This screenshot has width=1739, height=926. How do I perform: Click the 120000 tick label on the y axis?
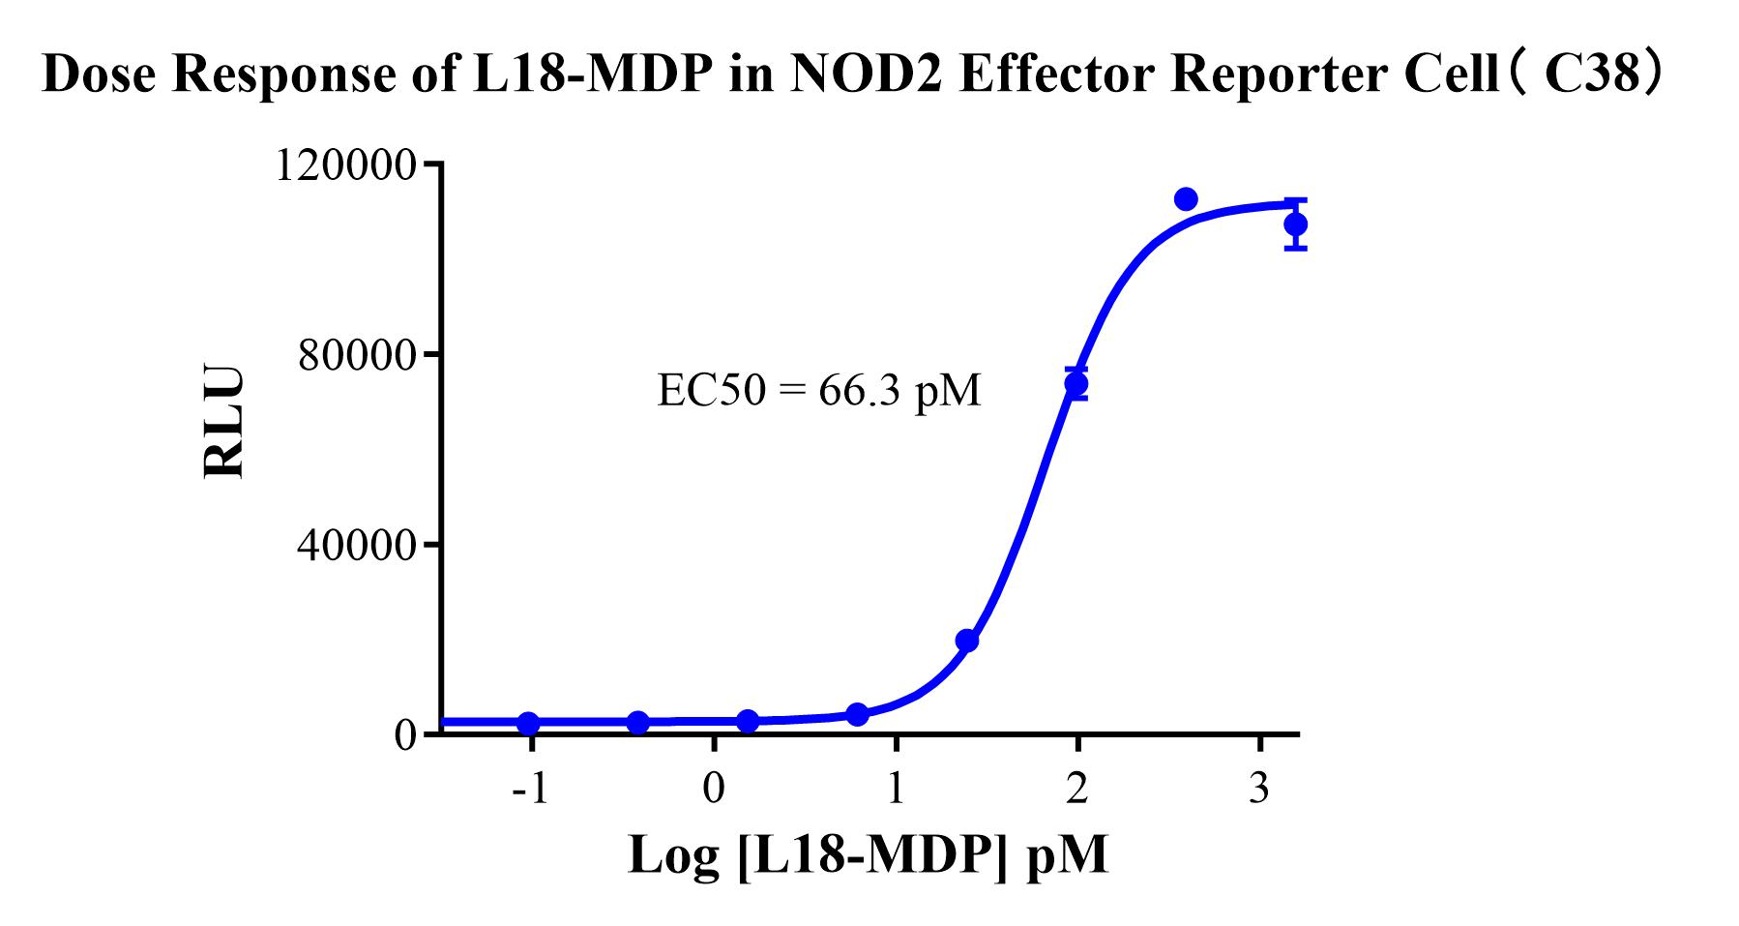[345, 165]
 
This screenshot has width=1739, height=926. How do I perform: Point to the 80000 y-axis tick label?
[357, 356]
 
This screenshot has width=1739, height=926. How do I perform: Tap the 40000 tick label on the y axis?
[357, 546]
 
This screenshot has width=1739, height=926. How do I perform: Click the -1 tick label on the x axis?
[530, 791]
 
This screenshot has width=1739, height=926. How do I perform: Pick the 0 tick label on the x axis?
[714, 791]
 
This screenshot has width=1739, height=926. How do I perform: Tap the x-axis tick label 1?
[896, 791]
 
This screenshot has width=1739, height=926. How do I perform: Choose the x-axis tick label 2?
[1077, 791]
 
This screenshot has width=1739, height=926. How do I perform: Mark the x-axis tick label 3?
[1259, 791]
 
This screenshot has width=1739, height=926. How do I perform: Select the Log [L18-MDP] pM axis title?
[868, 854]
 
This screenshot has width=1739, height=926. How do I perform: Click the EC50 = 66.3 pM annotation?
[818, 391]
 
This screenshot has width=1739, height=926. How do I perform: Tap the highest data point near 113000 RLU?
[1186, 199]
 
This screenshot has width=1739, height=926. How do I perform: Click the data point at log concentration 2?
[1076, 383]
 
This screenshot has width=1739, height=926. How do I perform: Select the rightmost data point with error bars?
[1296, 224]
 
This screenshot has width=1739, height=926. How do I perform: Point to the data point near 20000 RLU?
[967, 641]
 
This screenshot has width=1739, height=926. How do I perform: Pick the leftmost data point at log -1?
[528, 724]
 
